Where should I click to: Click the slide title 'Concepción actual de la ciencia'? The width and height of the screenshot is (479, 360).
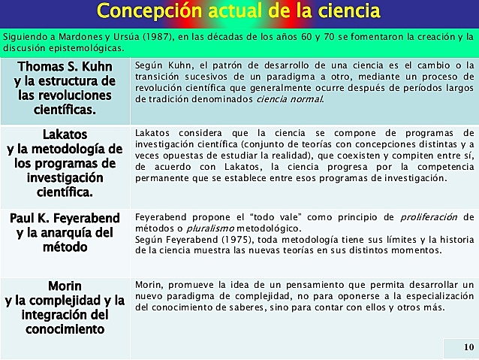point(239,12)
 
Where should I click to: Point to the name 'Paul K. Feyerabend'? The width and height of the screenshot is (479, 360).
point(65,219)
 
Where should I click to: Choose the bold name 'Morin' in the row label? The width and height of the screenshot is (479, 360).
point(65,287)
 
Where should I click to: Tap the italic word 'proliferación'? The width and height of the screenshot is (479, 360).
point(429,216)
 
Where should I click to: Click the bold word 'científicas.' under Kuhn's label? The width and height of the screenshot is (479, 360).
point(65,109)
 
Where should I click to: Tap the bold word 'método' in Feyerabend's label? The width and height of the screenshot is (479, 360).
point(65,247)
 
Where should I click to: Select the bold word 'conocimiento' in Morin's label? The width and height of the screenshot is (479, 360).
point(65,329)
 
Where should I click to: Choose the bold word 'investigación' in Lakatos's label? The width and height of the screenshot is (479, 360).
point(65,177)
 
